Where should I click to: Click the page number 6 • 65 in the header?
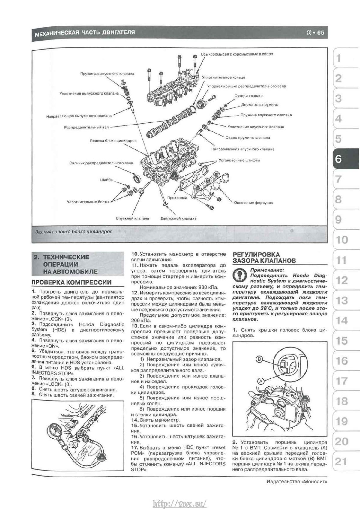click(x=315, y=32)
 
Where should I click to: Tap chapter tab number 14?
click(x=341, y=321)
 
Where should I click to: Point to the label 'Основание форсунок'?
click(x=253, y=203)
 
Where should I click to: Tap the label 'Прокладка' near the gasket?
click(x=177, y=198)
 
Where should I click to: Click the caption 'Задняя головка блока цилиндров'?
click(x=74, y=232)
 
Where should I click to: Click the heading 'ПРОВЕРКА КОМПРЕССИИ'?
click(x=71, y=282)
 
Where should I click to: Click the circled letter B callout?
click(x=260, y=359)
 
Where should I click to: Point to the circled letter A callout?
click(x=261, y=381)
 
